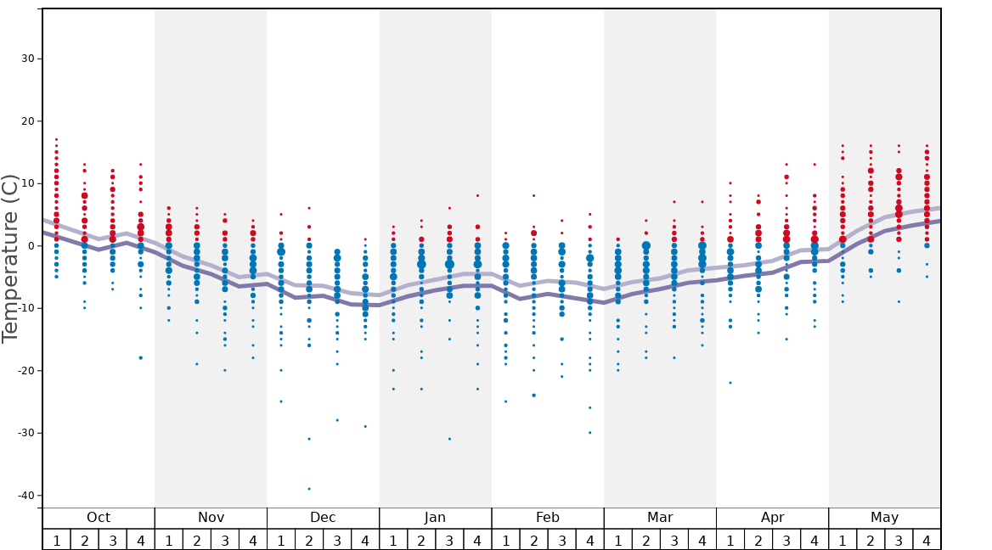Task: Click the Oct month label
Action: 99,518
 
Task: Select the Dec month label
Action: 323,518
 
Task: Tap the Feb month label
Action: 547,518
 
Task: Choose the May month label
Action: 884,518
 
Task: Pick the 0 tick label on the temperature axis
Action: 31,246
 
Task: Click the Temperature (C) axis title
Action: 11,259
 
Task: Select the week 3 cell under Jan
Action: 449,540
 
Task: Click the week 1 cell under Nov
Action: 169,540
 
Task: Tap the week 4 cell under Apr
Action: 814,540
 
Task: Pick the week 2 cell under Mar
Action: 645,540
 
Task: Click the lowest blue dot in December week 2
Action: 309,489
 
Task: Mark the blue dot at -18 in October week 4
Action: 141,358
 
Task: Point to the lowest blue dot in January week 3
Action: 449,439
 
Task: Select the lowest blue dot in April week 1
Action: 730,383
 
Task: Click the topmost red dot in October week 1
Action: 57,139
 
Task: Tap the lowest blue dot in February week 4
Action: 589,433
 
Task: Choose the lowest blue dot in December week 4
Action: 365,426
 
